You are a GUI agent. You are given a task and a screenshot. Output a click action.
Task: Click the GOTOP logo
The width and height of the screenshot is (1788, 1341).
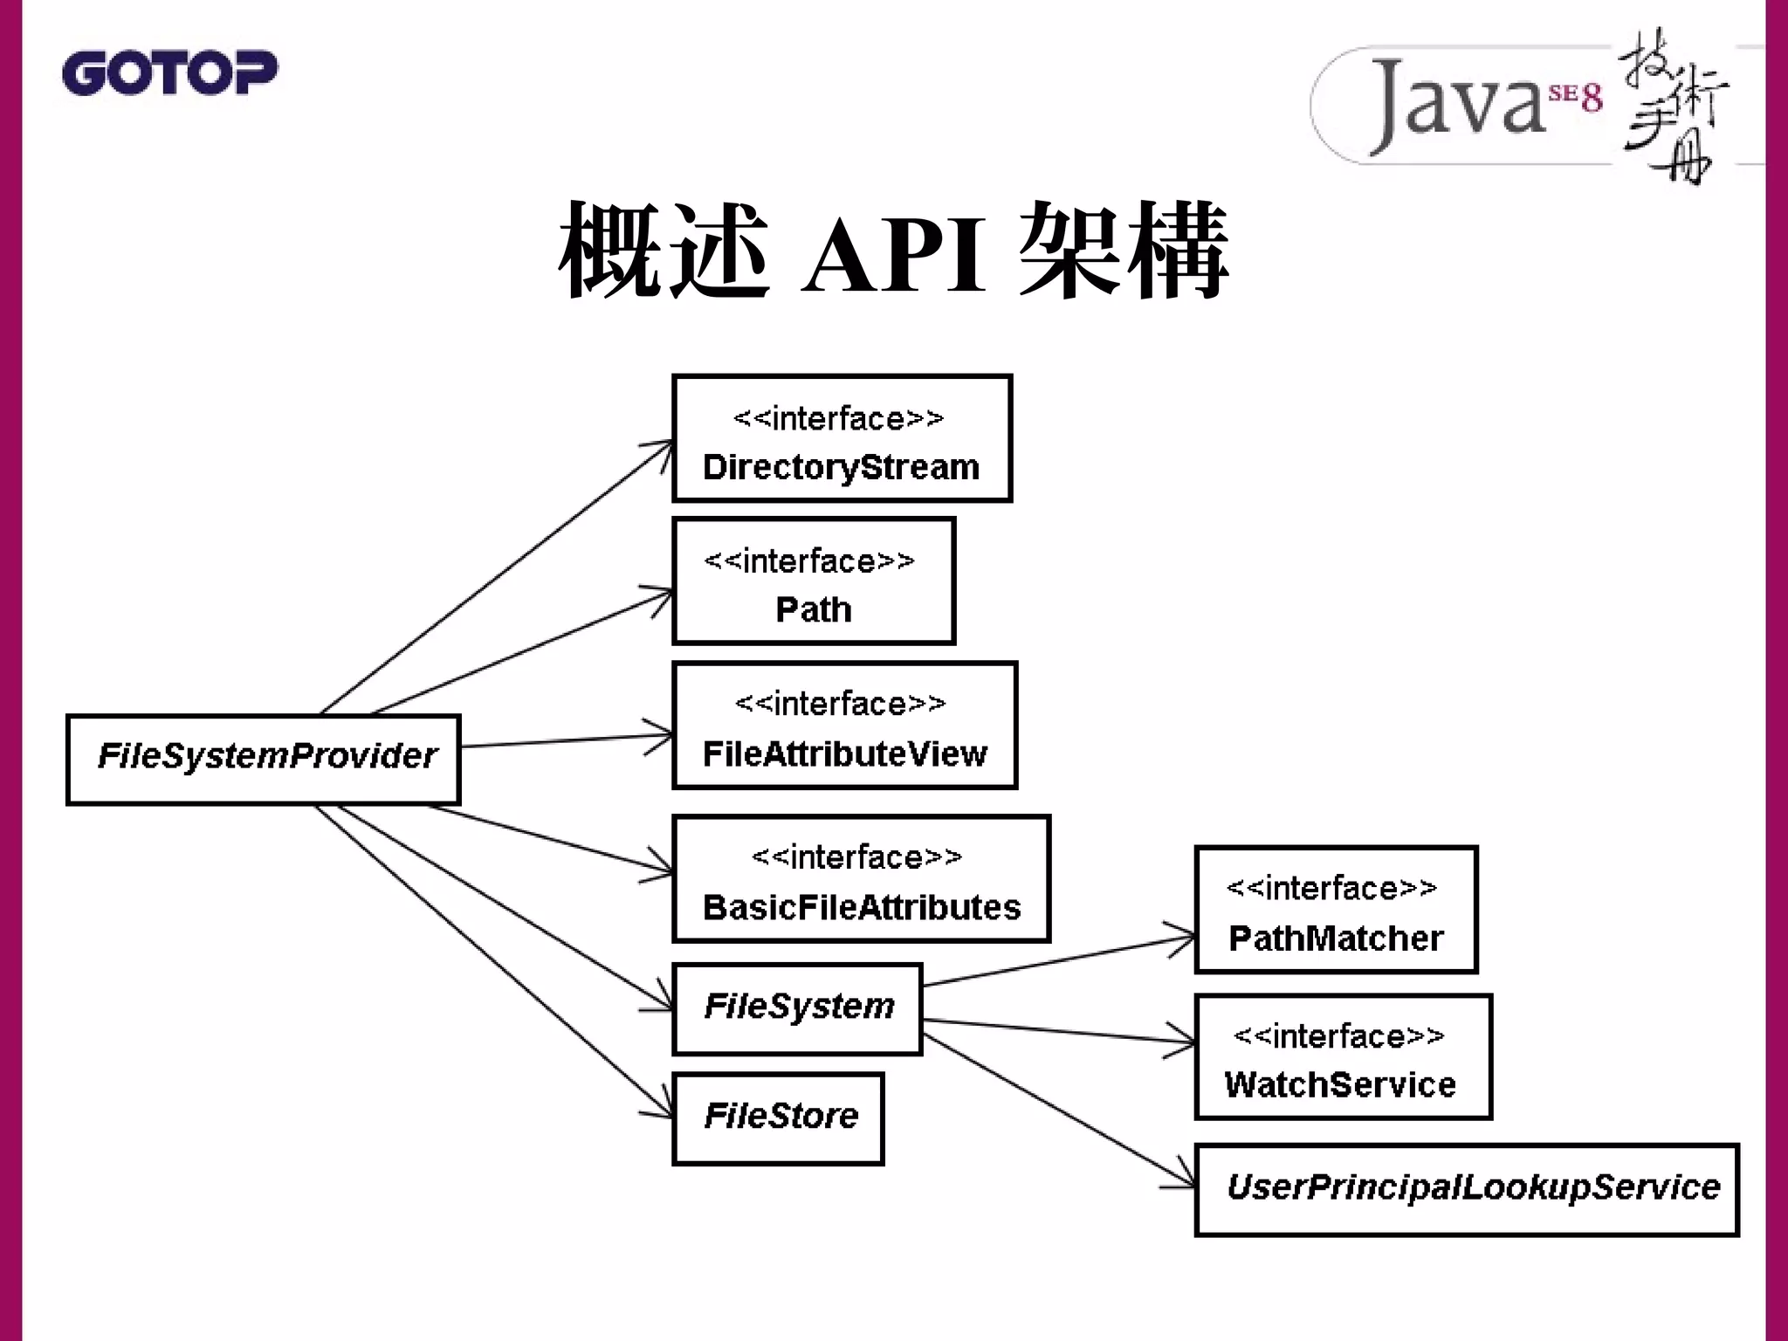tap(169, 72)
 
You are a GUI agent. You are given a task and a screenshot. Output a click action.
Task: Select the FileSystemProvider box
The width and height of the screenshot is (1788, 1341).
tap(264, 759)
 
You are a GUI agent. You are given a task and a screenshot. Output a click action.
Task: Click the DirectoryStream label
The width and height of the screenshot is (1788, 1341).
tap(841, 467)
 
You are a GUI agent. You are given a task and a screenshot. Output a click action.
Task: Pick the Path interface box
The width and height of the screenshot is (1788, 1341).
tap(813, 581)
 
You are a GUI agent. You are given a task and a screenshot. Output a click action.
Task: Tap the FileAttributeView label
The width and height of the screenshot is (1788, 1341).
tap(844, 753)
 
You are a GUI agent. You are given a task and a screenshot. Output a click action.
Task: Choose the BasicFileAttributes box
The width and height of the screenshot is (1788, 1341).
tap(861, 879)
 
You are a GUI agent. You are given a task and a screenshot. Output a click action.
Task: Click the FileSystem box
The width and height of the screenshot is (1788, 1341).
tap(798, 1008)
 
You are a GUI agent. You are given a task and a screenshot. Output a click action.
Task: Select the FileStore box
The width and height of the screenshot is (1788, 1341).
tap(779, 1118)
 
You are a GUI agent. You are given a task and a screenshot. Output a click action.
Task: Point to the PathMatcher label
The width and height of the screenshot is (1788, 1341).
tap(1335, 939)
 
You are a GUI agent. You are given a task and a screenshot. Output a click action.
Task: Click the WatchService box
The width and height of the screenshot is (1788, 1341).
tap(1343, 1057)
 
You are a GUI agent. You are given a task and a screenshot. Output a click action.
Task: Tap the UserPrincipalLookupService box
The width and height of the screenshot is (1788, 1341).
tap(1467, 1189)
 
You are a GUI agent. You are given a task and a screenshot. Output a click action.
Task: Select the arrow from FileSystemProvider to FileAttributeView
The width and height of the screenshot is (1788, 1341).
tap(559, 741)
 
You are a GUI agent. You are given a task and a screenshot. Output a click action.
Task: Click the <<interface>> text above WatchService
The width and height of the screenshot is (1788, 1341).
tap(1338, 1036)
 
